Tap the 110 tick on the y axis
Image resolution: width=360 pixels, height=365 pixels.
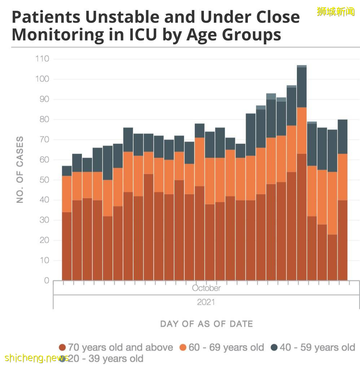pyautogui.click(x=42, y=59)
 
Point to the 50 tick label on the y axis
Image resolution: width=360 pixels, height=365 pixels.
pyautogui.click(x=44, y=180)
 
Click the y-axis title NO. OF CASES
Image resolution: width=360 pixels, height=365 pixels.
pyautogui.click(x=20, y=170)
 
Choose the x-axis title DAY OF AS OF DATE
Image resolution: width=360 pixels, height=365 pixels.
pyautogui.click(x=206, y=324)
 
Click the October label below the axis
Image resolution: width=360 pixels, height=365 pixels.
pyautogui.click(x=206, y=288)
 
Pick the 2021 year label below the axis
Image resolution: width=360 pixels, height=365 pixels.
pyautogui.click(x=206, y=302)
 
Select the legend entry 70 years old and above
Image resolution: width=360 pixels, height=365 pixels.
pyautogui.click(x=120, y=347)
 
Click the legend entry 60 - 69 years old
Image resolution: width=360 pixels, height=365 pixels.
pyautogui.click(x=226, y=347)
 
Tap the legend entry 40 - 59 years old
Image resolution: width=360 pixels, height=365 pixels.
pyautogui.click(x=317, y=347)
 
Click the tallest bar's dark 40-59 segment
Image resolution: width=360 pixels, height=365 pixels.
pyautogui.click(x=302, y=87)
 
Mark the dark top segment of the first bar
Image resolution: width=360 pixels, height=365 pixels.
pyautogui.click(x=67, y=171)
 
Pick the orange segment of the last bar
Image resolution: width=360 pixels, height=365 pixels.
pyautogui.click(x=343, y=177)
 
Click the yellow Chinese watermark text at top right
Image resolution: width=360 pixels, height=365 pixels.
pyautogui.click(x=335, y=12)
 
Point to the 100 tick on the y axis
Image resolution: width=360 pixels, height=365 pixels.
pyautogui.click(x=42, y=79)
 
